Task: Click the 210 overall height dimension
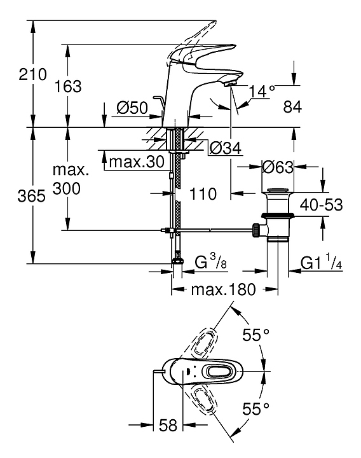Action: click(32, 74)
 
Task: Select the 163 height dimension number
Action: click(68, 87)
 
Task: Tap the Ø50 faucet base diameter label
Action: click(132, 108)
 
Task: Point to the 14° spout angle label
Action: click(262, 91)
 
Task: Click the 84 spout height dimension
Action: click(292, 107)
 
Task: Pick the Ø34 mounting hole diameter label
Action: click(226, 148)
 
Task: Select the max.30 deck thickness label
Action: click(137, 162)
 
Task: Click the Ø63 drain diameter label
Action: click(278, 167)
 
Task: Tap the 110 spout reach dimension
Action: click(203, 193)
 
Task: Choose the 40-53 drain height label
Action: click(322, 205)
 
